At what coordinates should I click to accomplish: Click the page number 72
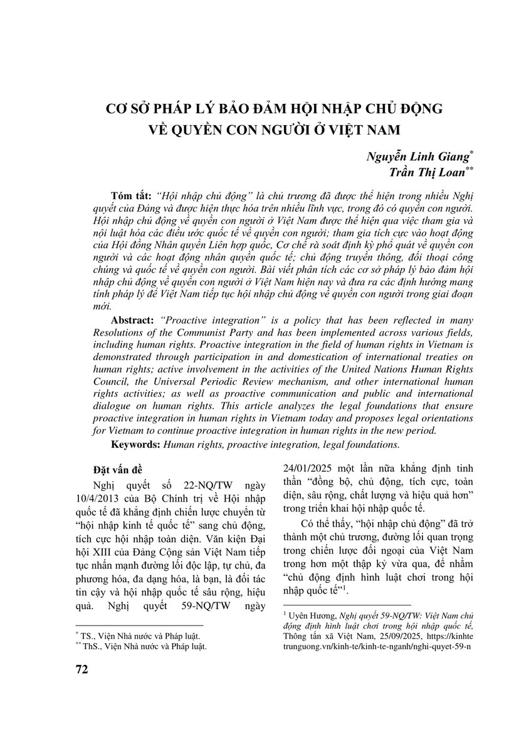(81, 669)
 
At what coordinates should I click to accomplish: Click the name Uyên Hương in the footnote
(308, 616)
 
